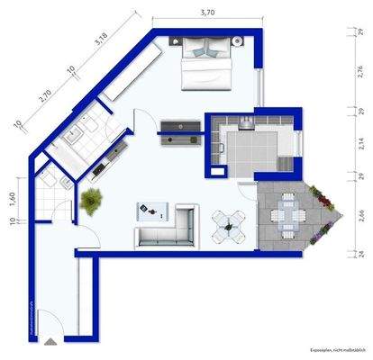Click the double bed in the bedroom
(x=206, y=66)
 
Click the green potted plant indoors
(x=91, y=201)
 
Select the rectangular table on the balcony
(x=286, y=216)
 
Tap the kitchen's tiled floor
(x=248, y=144)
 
